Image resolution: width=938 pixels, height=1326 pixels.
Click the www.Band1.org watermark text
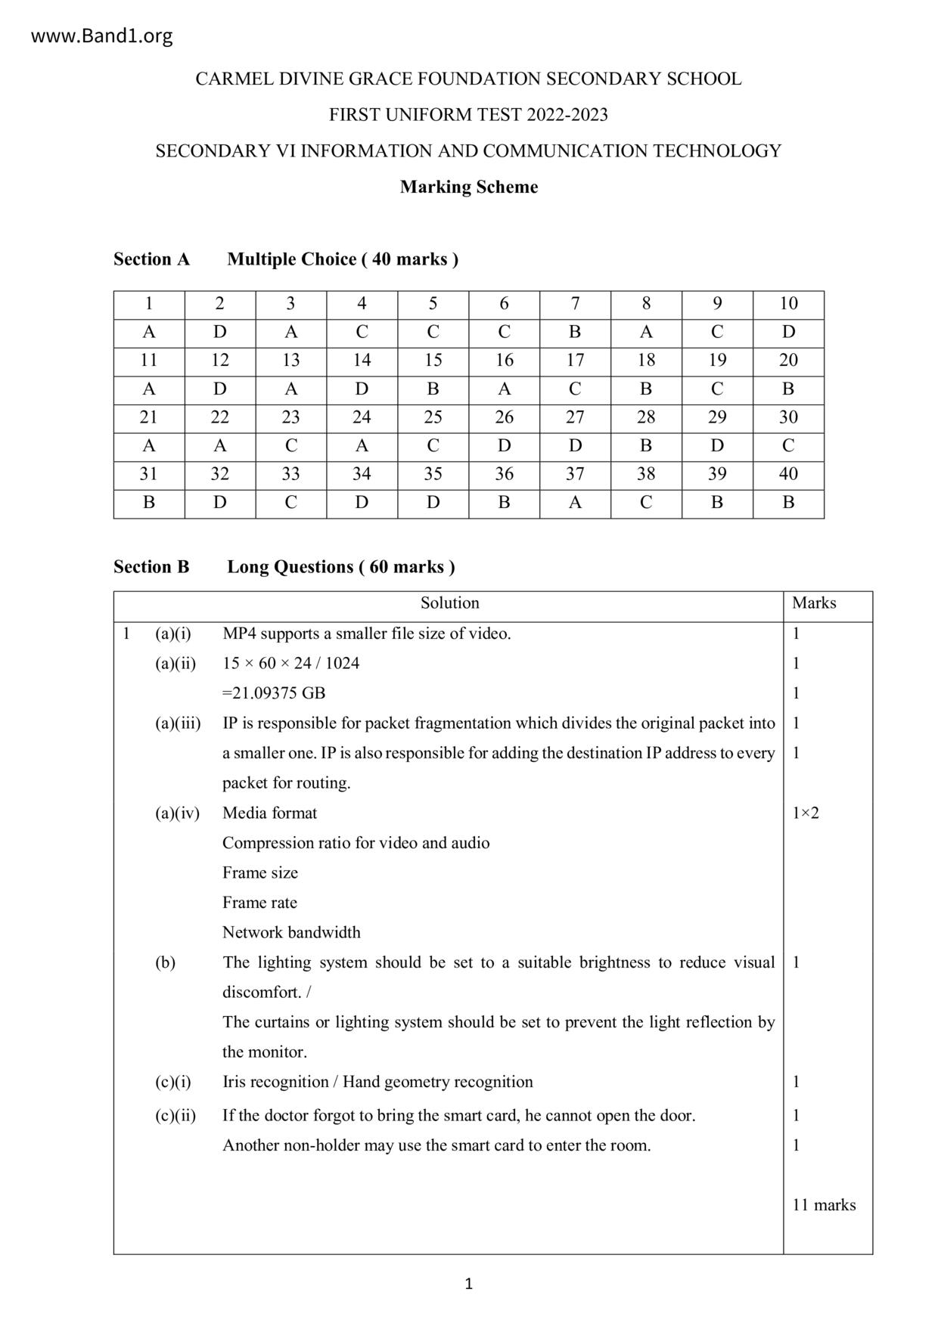pyautogui.click(x=101, y=36)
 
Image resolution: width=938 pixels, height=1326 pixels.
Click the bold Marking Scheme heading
pyautogui.click(x=468, y=187)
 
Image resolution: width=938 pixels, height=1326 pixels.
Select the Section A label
pyautogui.click(x=151, y=259)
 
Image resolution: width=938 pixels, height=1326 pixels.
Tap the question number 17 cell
pyautogui.click(x=575, y=361)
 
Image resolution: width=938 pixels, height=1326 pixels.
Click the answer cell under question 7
pyautogui.click(x=575, y=332)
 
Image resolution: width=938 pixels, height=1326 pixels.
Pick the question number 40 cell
pyautogui.click(x=788, y=474)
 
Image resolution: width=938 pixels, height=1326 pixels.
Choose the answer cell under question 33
pyautogui.click(x=290, y=503)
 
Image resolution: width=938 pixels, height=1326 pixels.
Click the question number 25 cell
pyautogui.click(x=433, y=417)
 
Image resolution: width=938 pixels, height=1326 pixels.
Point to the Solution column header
pyautogui.click(x=449, y=603)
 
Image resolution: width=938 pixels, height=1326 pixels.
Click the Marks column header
pyautogui.click(x=814, y=603)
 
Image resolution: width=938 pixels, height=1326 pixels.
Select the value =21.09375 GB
pyautogui.click(x=274, y=693)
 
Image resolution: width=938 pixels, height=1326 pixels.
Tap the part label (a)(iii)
pyautogui.click(x=178, y=723)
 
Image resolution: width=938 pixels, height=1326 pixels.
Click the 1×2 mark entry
pyautogui.click(x=806, y=813)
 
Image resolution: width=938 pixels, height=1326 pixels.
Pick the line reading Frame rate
pyautogui.click(x=259, y=903)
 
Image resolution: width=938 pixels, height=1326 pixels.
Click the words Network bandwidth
pyautogui.click(x=291, y=933)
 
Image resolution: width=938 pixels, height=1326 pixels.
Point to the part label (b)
pyautogui.click(x=165, y=962)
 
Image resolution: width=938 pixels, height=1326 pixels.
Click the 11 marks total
pyautogui.click(x=824, y=1205)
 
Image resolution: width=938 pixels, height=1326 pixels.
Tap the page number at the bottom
pyautogui.click(x=468, y=1284)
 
